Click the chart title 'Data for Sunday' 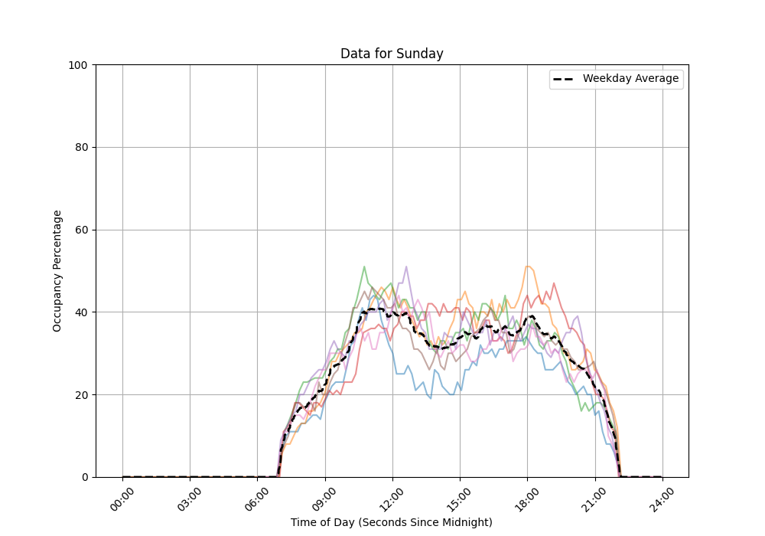click(x=392, y=54)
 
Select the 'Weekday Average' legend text click(x=630, y=79)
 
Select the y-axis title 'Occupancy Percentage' click(x=57, y=270)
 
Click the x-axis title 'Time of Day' click(x=392, y=522)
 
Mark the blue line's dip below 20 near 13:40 click(x=431, y=398)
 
